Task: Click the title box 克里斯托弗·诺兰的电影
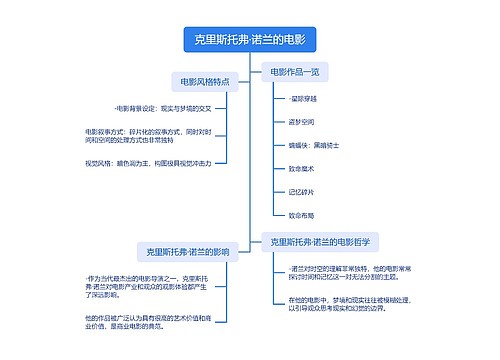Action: [250, 40]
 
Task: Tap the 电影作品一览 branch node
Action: [294, 72]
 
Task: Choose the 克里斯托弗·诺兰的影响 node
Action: [188, 252]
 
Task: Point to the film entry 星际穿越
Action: [302, 99]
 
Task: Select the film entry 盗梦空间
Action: [301, 122]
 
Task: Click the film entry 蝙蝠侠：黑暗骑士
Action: [313, 145]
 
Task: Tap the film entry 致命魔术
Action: [301, 168]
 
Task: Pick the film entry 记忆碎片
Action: [301, 191]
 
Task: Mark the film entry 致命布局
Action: [301, 214]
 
